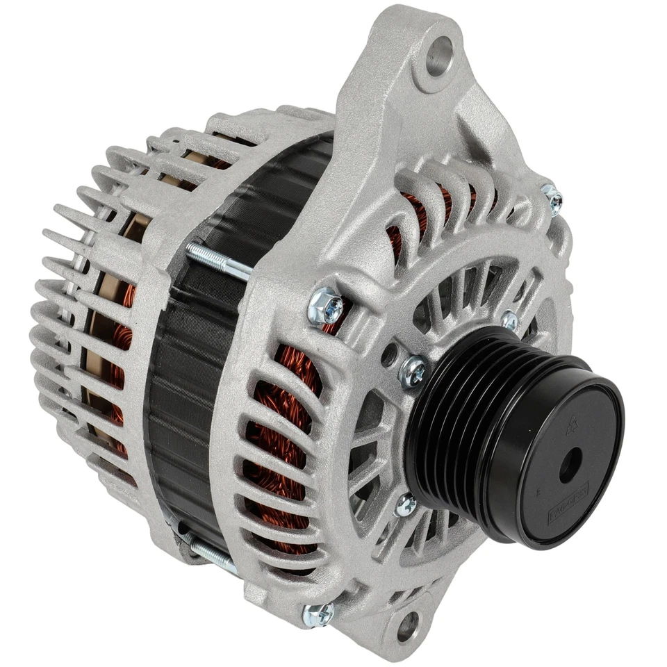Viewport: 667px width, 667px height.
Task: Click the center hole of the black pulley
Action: [x=570, y=464]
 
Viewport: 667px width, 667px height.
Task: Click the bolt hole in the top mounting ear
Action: [x=438, y=56]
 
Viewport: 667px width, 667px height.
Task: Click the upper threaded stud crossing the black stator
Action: [x=215, y=261]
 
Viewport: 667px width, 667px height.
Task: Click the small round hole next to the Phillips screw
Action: [x=389, y=355]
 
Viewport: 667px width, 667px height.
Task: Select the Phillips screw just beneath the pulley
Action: [x=405, y=505]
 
